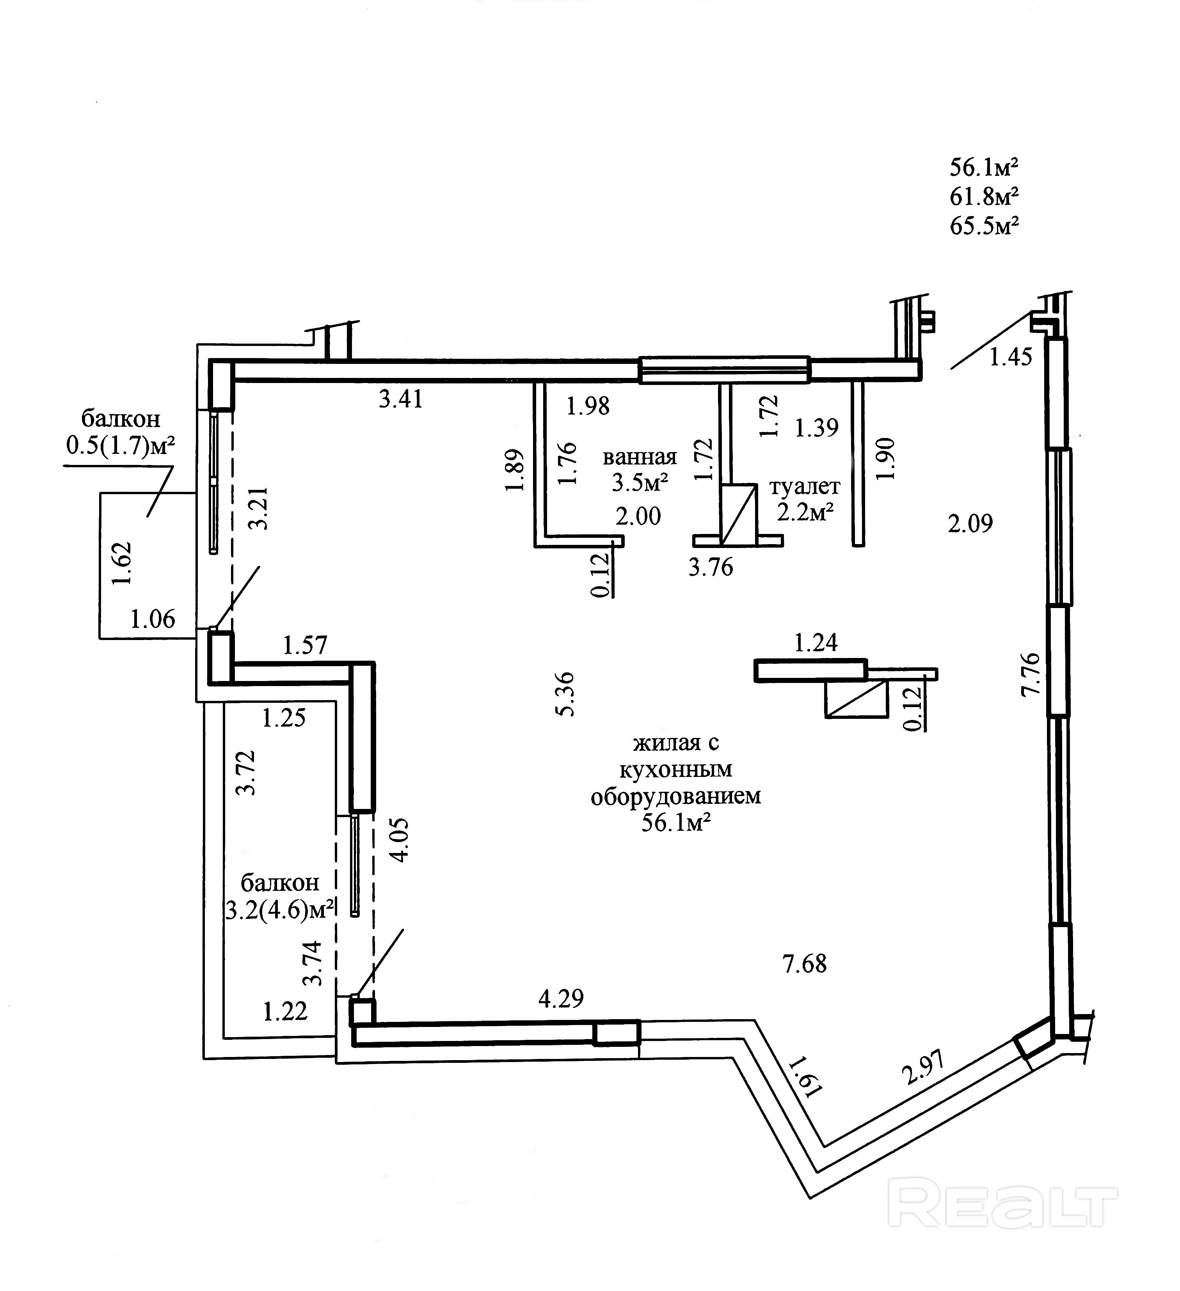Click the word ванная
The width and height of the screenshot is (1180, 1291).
(x=639, y=457)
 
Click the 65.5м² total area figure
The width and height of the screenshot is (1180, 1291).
(x=984, y=226)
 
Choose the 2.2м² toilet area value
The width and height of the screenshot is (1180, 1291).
(x=805, y=512)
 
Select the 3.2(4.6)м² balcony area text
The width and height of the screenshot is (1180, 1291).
(x=280, y=909)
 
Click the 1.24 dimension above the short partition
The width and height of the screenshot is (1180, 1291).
(x=816, y=642)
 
